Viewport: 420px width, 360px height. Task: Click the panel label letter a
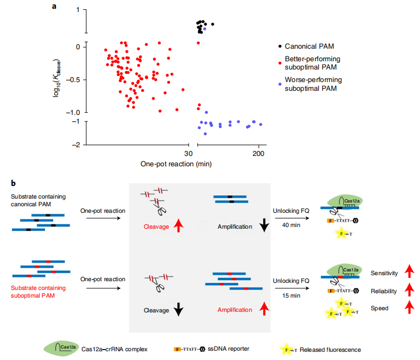pyautogui.click(x=54, y=6)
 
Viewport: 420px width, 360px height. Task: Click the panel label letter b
pyautogui.click(x=12, y=182)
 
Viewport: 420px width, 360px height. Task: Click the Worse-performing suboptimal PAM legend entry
pyautogui.click(x=312, y=84)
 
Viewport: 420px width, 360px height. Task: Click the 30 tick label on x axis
pyautogui.click(x=188, y=153)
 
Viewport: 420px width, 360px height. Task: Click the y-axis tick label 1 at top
pyautogui.click(x=79, y=10)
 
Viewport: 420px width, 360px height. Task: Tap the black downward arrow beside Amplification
pyautogui.click(x=264, y=226)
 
